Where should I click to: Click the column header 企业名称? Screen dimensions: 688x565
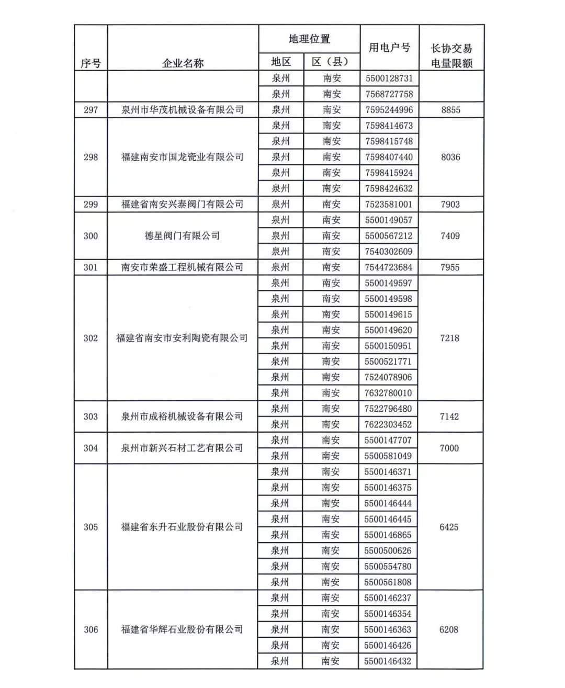(183, 63)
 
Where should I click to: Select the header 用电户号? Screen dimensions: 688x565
(389, 48)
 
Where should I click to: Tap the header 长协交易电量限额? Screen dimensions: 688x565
(451, 55)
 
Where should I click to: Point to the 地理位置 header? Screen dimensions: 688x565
(309, 39)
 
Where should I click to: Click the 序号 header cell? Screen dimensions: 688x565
(91, 63)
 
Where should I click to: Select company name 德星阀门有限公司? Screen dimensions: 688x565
(182, 236)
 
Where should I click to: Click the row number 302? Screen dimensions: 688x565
(91, 338)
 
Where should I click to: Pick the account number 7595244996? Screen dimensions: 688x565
(389, 110)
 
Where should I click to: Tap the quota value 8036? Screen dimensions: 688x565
(450, 157)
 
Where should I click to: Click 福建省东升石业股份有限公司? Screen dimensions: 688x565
(182, 527)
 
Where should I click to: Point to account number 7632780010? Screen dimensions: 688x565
(388, 393)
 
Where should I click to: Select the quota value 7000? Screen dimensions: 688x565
(449, 448)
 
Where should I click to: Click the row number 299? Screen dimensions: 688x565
(91, 204)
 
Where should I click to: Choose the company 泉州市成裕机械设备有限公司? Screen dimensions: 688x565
(182, 416)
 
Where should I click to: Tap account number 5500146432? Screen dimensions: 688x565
(388, 661)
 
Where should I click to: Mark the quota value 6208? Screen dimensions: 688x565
(449, 629)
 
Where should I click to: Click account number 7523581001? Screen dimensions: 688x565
(389, 204)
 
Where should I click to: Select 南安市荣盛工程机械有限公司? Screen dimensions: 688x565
(182, 267)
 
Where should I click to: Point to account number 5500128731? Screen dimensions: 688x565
(389, 78)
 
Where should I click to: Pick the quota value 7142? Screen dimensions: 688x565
(449, 416)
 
